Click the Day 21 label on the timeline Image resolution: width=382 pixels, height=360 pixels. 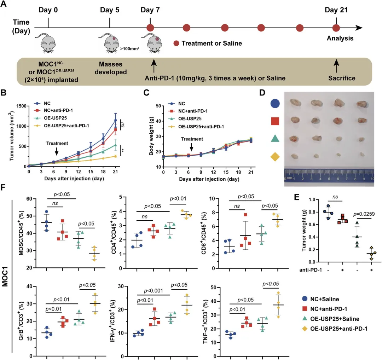coord(336,10)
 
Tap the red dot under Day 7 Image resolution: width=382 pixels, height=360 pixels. coord(150,28)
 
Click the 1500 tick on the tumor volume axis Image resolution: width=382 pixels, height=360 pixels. coord(21,106)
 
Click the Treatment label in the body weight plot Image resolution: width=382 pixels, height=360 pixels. coord(191,139)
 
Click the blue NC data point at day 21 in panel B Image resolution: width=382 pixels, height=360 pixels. coord(115,121)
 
